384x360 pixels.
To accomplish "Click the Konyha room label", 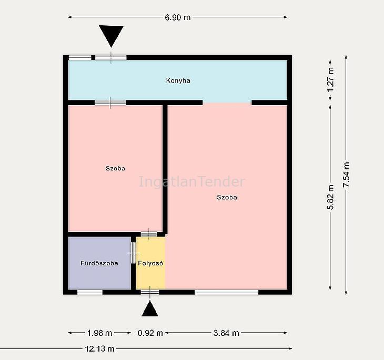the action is (178, 80).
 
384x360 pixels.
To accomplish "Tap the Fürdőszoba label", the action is (99, 263).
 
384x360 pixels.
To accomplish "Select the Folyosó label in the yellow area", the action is (150, 263).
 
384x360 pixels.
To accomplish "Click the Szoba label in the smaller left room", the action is (115, 168).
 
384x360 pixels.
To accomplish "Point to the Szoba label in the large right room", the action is (227, 197).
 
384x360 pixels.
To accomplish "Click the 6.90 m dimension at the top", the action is (178, 17).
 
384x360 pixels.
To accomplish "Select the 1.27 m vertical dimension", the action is (330, 80).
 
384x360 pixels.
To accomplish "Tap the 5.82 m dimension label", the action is (330, 197).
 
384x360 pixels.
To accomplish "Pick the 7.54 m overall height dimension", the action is (346, 174).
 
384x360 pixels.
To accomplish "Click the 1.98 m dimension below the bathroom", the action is (99, 333).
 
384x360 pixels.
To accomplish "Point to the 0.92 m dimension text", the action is (150, 333).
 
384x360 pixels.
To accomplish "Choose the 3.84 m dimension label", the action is (226, 333).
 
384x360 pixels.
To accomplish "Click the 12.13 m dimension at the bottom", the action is (99, 348).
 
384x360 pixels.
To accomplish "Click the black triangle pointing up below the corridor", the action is (150, 309).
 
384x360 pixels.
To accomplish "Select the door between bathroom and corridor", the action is (133, 253).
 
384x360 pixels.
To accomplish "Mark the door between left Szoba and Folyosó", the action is (149, 234).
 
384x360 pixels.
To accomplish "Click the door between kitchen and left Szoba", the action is (110, 103).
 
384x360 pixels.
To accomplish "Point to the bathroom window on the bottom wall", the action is (90, 292).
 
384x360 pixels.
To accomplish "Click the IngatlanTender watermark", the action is (192, 182).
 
